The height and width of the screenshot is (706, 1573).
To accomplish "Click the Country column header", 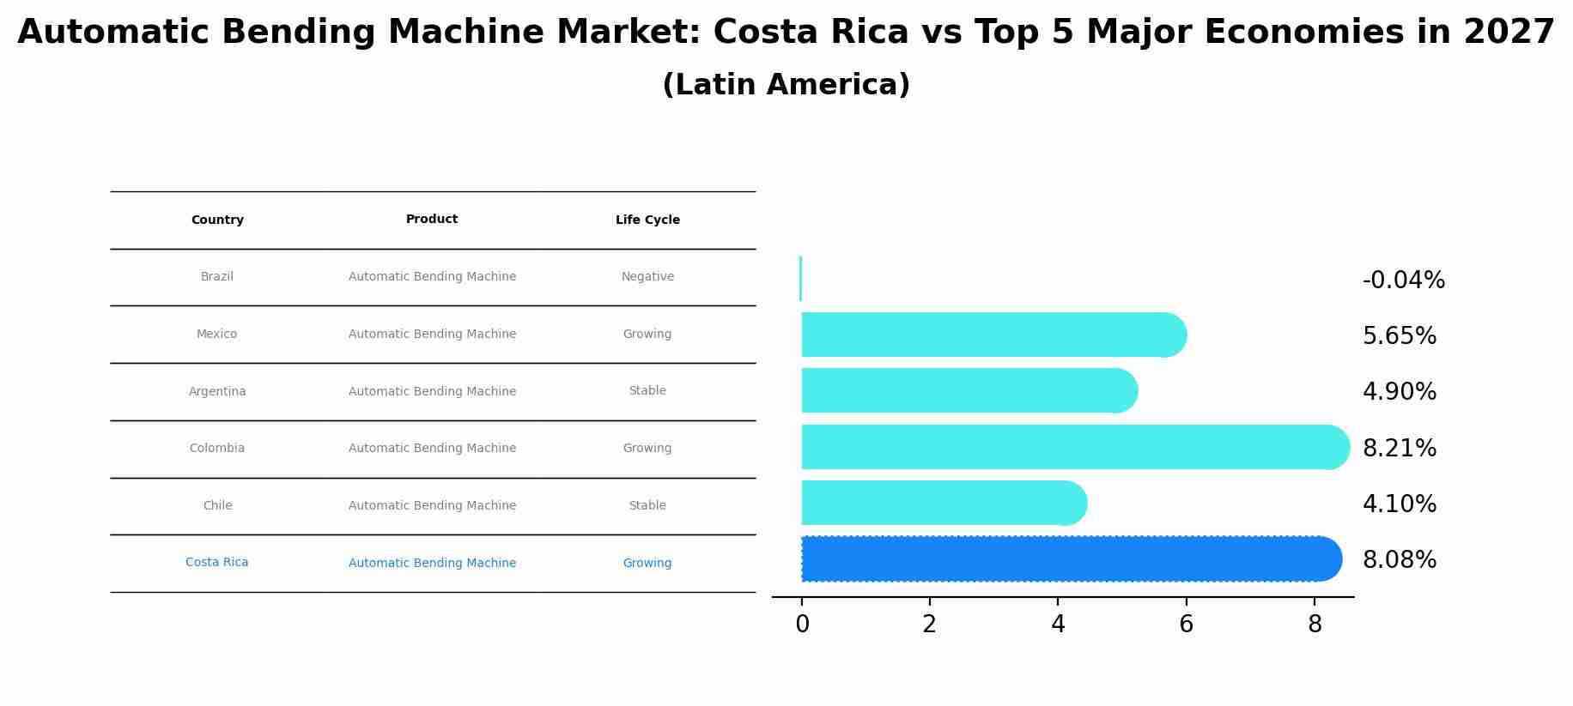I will point(217,220).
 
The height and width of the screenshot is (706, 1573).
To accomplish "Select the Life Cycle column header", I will point(647,220).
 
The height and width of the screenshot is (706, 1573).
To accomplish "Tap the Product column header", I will point(432,220).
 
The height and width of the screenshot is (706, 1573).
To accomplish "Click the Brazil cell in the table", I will point(217,277).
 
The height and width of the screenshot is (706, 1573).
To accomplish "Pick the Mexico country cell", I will point(217,335).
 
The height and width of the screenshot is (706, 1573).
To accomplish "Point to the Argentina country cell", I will point(217,392).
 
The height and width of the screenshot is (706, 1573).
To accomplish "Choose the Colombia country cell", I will point(217,449).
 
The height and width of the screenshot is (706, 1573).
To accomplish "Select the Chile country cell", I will point(217,506).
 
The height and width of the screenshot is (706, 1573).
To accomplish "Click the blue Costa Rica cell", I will point(217,563).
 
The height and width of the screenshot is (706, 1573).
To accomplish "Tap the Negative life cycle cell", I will point(647,277).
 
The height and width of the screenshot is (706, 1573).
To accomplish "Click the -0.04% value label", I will point(1403,281).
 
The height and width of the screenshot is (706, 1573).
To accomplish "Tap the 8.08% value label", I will point(1399,560).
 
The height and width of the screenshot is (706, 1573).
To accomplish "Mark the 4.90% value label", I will point(1399,392).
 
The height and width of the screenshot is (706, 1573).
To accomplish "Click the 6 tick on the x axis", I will point(1186,625).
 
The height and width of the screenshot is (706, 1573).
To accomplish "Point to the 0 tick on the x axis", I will point(802,625).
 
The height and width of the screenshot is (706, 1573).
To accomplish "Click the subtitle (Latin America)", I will point(786,85).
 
